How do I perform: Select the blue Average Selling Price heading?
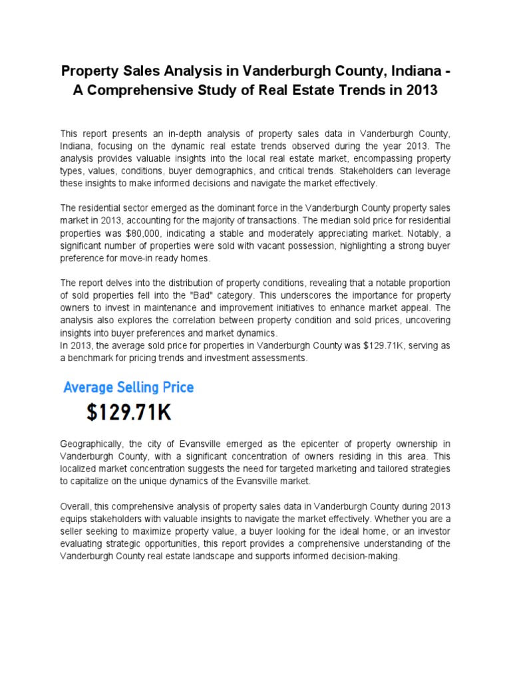click(x=128, y=386)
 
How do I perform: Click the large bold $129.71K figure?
click(x=129, y=414)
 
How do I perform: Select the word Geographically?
click(x=91, y=444)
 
